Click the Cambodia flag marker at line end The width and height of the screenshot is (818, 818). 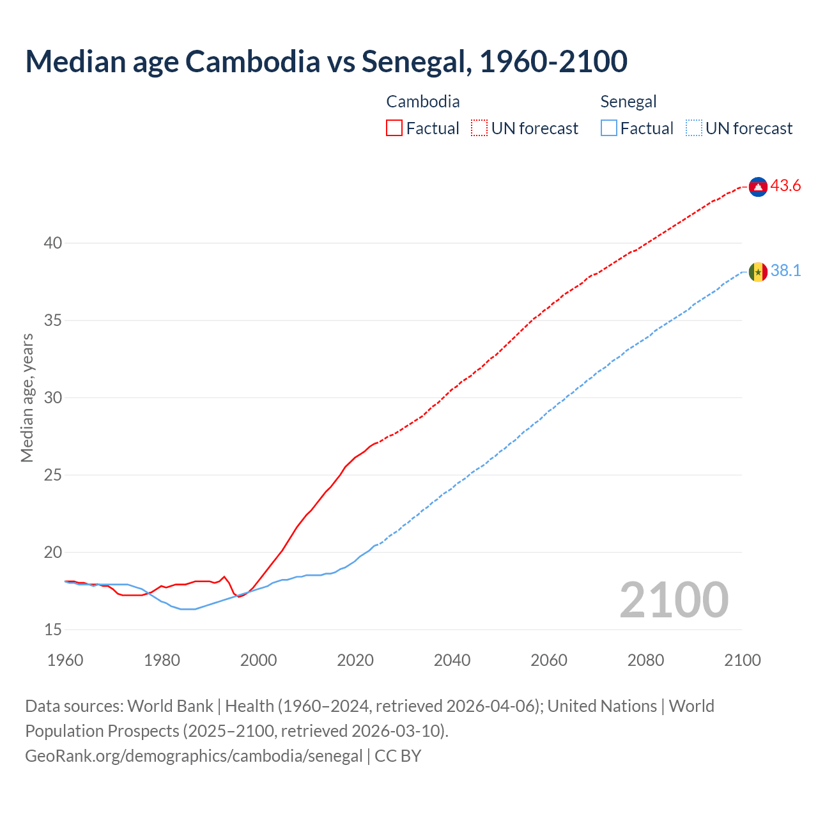758,187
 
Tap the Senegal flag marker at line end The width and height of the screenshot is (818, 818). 758,272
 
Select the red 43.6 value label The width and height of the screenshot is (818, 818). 785,186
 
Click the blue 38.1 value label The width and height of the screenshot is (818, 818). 785,271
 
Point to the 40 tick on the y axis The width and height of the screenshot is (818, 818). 53,243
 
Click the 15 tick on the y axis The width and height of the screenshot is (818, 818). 53,629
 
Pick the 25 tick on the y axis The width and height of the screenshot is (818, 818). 53,475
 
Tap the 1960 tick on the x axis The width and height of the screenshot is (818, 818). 65,660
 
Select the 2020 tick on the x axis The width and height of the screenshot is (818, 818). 355,660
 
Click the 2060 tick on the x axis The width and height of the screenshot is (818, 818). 549,660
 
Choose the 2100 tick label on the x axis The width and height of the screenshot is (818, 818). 742,660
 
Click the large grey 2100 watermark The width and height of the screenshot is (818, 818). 674,599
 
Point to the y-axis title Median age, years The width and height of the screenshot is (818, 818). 27,397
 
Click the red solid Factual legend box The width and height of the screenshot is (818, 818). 394,128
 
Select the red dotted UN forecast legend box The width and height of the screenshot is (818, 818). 479,128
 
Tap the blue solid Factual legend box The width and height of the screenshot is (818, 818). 609,128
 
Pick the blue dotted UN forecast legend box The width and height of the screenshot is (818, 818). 693,128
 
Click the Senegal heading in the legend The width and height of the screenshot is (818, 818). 628,102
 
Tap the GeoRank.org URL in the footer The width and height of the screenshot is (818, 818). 194,756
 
